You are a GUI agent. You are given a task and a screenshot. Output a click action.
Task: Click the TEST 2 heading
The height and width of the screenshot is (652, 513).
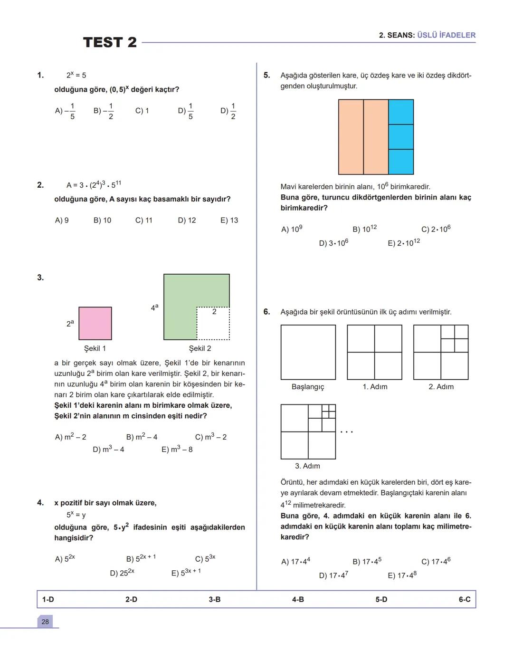click(x=110, y=42)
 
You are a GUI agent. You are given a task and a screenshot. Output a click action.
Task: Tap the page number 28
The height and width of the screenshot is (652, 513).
click(x=45, y=622)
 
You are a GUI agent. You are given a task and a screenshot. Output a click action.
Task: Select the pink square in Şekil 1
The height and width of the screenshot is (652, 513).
click(x=95, y=323)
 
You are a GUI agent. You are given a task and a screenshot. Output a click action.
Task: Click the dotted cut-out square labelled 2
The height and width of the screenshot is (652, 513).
click(x=213, y=324)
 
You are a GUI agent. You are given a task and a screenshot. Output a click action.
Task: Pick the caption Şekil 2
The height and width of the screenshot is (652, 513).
click(x=200, y=348)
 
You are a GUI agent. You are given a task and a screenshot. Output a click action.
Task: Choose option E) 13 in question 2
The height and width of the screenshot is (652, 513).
click(x=229, y=220)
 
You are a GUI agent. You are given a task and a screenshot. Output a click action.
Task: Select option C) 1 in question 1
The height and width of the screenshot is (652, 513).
click(x=142, y=111)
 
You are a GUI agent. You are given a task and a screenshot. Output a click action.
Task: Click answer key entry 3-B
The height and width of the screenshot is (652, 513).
click(x=215, y=599)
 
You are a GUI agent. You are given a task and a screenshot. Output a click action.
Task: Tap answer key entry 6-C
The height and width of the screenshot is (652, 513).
click(x=465, y=599)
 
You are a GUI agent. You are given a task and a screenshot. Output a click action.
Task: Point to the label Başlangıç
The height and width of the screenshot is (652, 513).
click(x=308, y=387)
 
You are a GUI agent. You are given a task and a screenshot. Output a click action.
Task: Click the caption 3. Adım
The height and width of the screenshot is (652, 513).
click(x=307, y=466)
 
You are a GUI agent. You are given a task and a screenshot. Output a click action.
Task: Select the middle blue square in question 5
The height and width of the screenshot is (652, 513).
click(x=401, y=137)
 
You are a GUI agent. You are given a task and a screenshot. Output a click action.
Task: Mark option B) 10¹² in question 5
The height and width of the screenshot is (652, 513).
click(x=364, y=229)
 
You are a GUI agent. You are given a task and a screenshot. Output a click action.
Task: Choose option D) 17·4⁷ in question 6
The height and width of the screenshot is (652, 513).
click(x=333, y=575)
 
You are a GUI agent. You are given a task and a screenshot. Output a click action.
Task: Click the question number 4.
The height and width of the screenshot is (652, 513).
click(x=40, y=503)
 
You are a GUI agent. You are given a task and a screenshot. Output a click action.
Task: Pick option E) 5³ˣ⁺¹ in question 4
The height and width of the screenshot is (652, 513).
click(x=186, y=573)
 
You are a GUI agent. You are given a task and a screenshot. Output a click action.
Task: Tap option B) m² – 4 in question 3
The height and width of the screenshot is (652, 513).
click(x=142, y=437)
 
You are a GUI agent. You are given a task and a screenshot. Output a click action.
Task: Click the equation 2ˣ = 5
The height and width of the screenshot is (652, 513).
click(x=76, y=75)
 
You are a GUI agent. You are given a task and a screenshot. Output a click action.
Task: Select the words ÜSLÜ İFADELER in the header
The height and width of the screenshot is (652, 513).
click(x=446, y=35)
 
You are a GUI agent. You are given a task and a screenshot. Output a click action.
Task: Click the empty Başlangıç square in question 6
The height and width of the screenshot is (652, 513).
click(x=308, y=352)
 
